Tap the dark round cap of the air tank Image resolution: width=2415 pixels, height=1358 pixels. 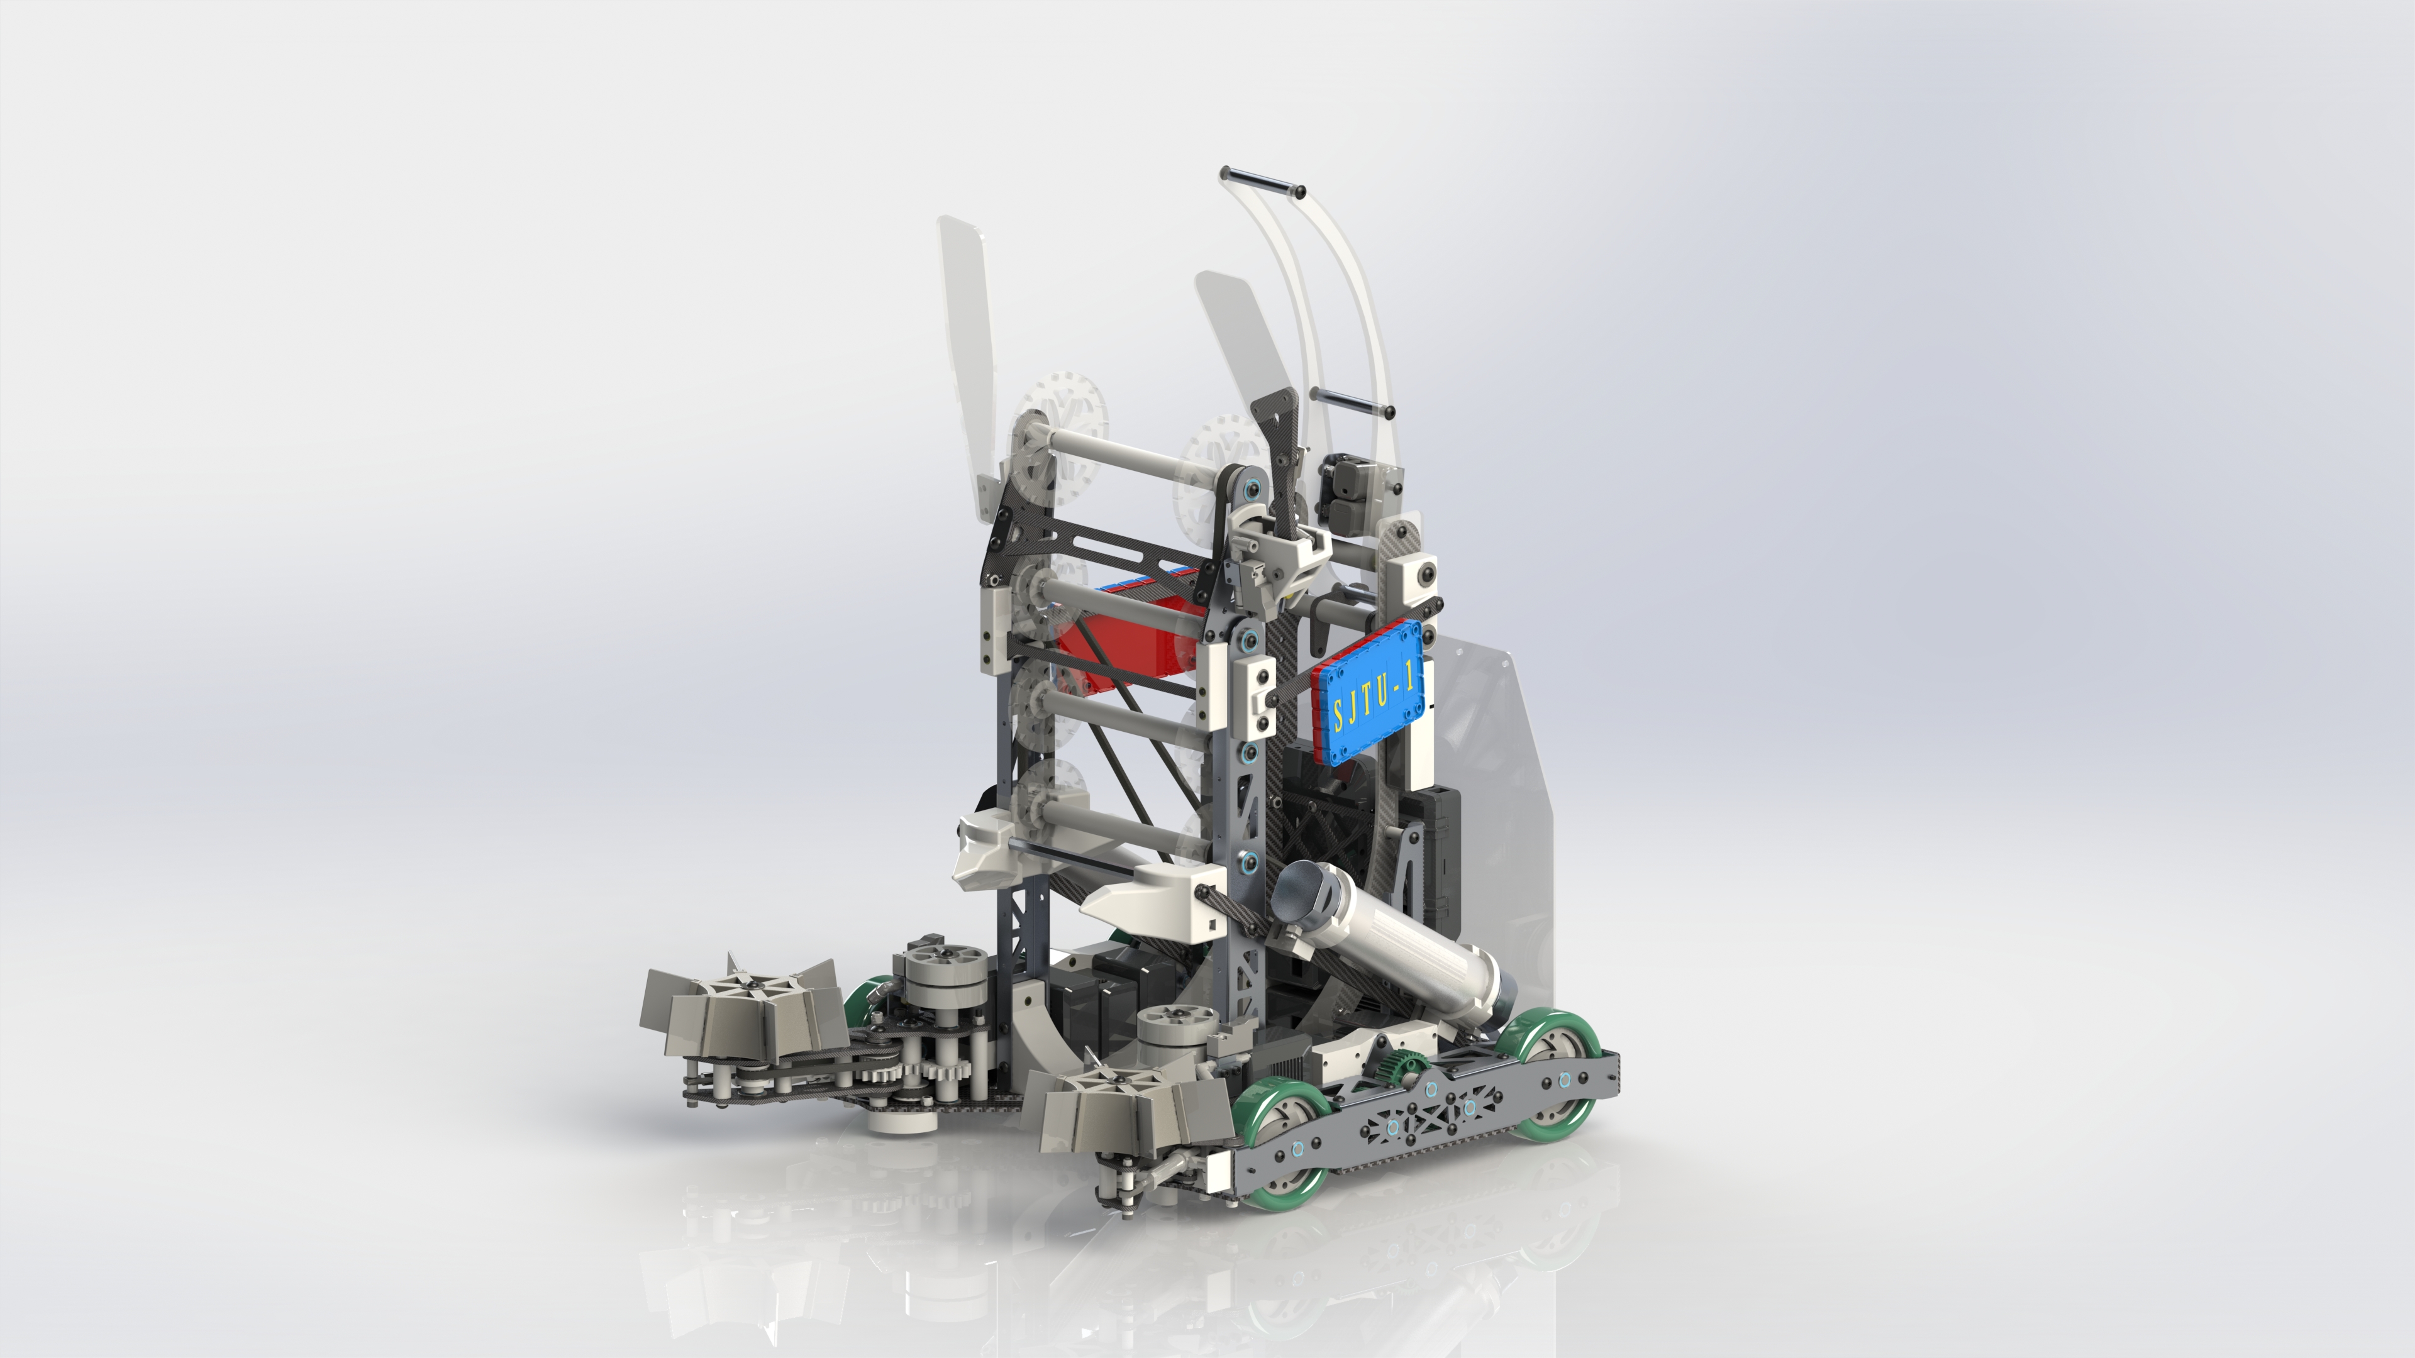click(1299, 890)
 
